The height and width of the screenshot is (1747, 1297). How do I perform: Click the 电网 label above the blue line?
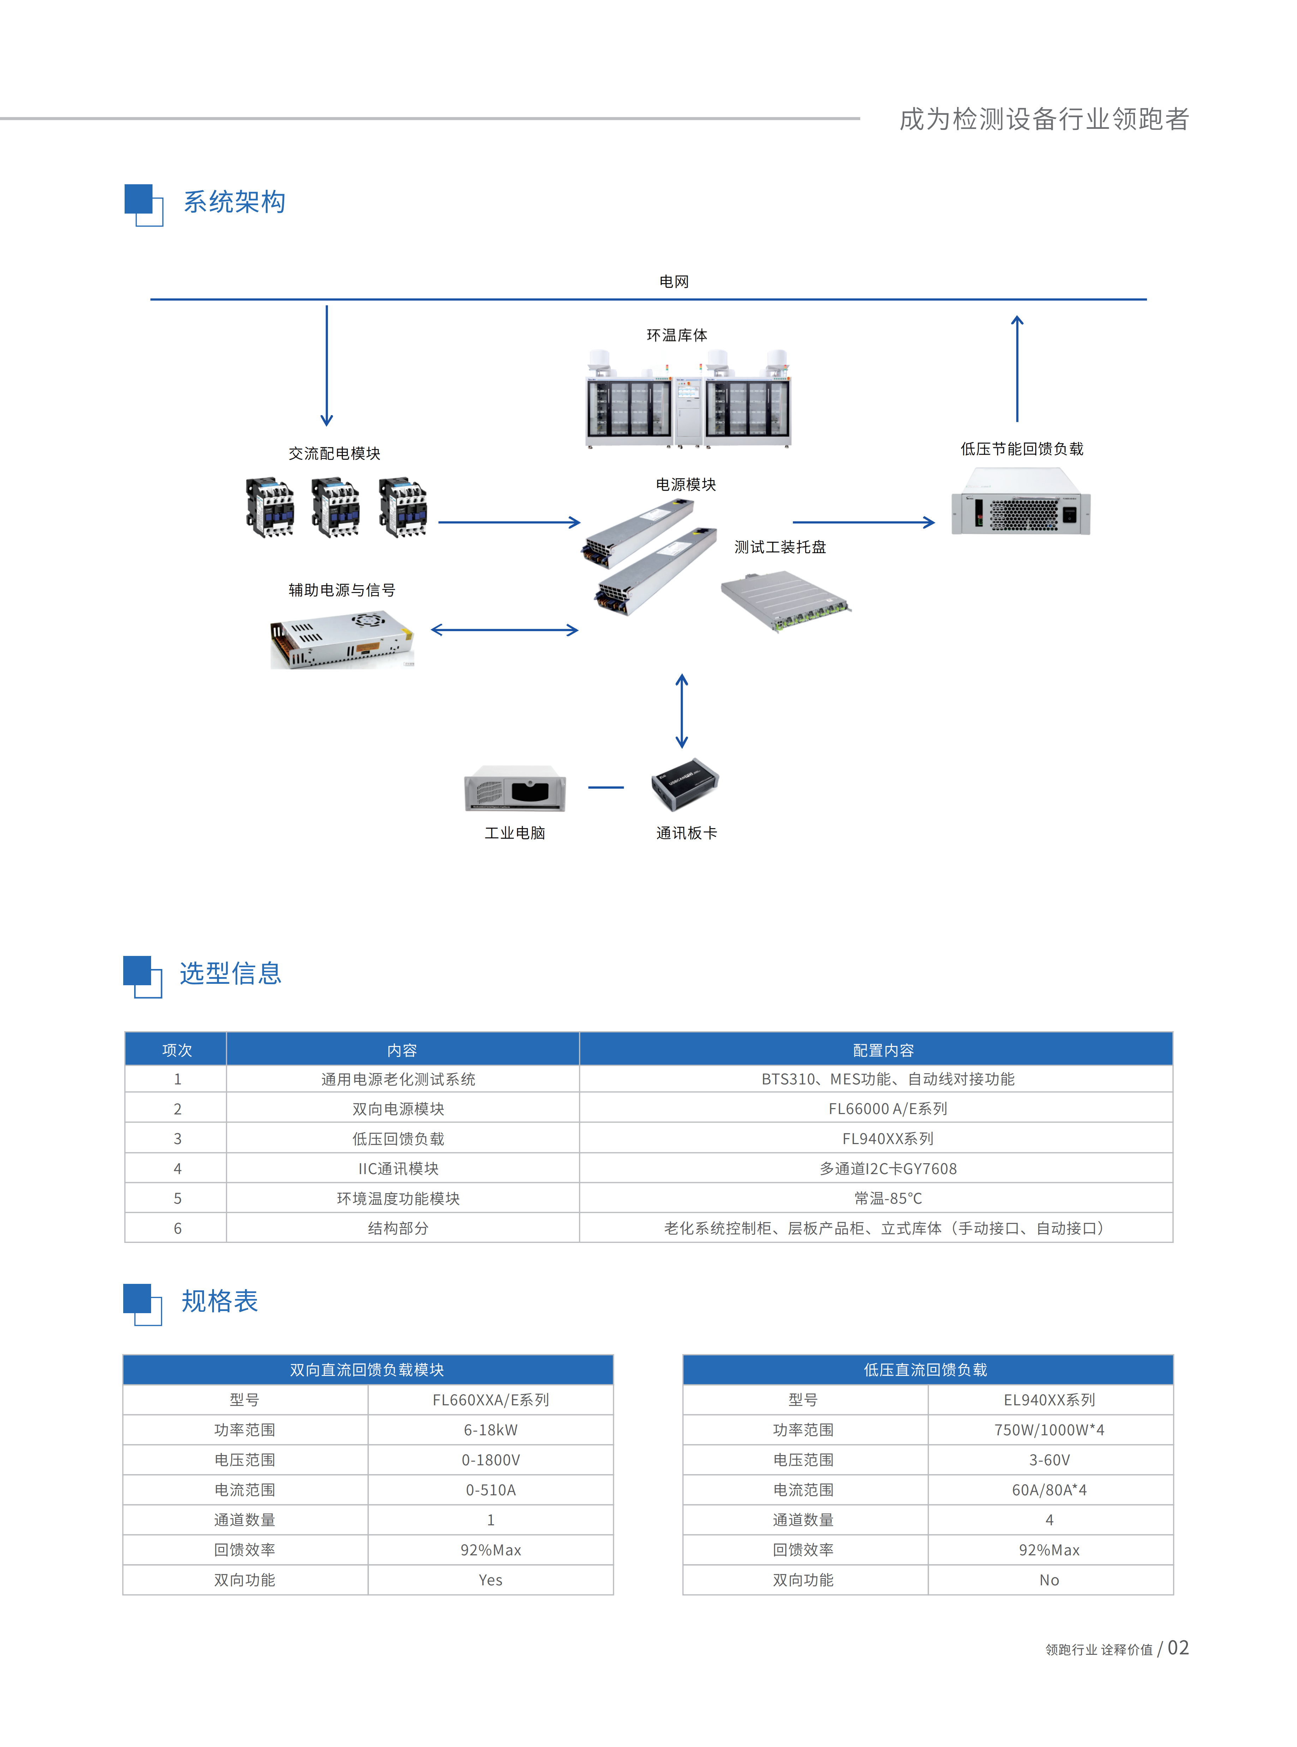coord(674,281)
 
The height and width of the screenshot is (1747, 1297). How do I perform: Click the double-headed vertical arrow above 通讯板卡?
coord(682,711)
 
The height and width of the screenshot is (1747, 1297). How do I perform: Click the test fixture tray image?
coord(785,601)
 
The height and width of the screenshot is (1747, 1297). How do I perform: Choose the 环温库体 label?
coord(677,335)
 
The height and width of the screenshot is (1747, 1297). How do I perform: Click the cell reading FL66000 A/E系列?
coord(888,1109)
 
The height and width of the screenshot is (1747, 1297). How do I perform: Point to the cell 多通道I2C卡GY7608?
coord(888,1168)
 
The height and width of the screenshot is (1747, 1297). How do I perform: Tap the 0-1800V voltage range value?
coord(491,1460)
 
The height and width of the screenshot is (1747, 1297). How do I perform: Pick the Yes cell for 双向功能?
coord(491,1580)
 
